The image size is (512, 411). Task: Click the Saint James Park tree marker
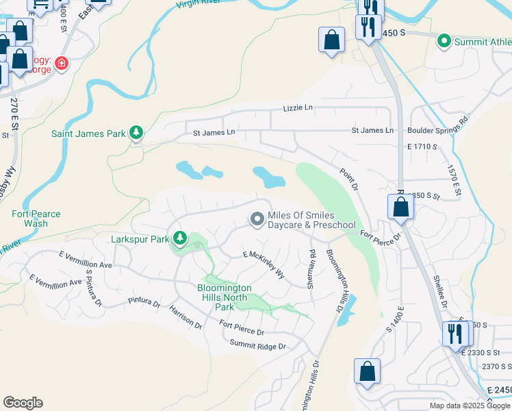136,133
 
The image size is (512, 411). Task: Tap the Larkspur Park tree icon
180,238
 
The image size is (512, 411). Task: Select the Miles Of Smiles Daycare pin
257,219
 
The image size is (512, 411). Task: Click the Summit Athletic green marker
444,42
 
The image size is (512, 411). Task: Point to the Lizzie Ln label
298,108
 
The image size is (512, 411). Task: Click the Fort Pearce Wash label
36,219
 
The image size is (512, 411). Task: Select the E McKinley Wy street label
264,264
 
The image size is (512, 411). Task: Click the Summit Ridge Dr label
257,345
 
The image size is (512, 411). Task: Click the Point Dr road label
348,179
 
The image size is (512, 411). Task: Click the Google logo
23,402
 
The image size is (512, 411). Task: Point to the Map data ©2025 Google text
469,405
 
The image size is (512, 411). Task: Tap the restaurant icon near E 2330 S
455,334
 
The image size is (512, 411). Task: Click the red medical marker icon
62,64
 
